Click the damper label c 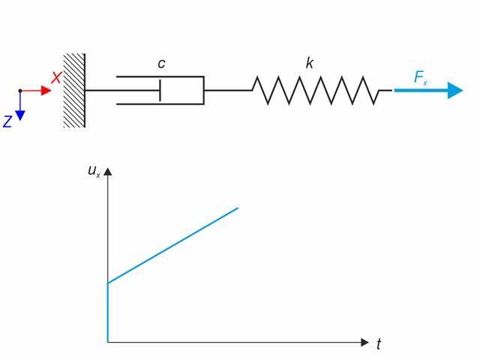(161, 64)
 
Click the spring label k (309, 63)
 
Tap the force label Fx (421, 77)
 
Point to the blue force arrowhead (455, 90)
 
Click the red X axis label (56, 78)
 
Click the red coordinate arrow (37, 91)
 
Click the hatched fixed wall (74, 90)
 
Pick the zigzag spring (315, 90)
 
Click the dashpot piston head (160, 90)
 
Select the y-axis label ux (94, 172)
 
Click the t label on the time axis (379, 344)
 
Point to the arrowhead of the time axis (364, 342)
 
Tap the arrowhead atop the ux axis (109, 172)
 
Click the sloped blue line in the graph (172, 245)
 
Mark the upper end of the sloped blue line (238, 207)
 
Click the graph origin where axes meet (109, 342)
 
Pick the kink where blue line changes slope (109, 283)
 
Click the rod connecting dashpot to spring (227, 90)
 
